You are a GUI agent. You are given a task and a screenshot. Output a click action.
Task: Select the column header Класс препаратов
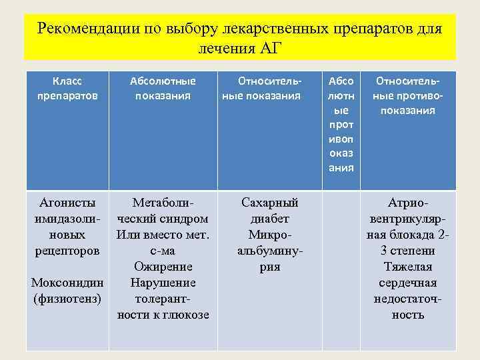click(x=67, y=88)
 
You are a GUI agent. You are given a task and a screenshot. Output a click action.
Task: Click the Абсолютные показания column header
click(x=163, y=88)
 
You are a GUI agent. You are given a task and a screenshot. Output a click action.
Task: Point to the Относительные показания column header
click(x=261, y=88)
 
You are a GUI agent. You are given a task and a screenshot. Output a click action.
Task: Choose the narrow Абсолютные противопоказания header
click(x=341, y=124)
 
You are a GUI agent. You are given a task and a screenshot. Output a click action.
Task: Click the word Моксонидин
click(x=67, y=282)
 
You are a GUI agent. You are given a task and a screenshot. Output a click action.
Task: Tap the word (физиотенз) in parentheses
click(x=67, y=298)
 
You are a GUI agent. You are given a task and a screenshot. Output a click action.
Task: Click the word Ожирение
click(x=163, y=266)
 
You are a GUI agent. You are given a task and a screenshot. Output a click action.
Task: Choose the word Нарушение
click(x=163, y=282)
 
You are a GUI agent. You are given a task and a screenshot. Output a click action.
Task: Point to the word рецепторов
click(x=67, y=250)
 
